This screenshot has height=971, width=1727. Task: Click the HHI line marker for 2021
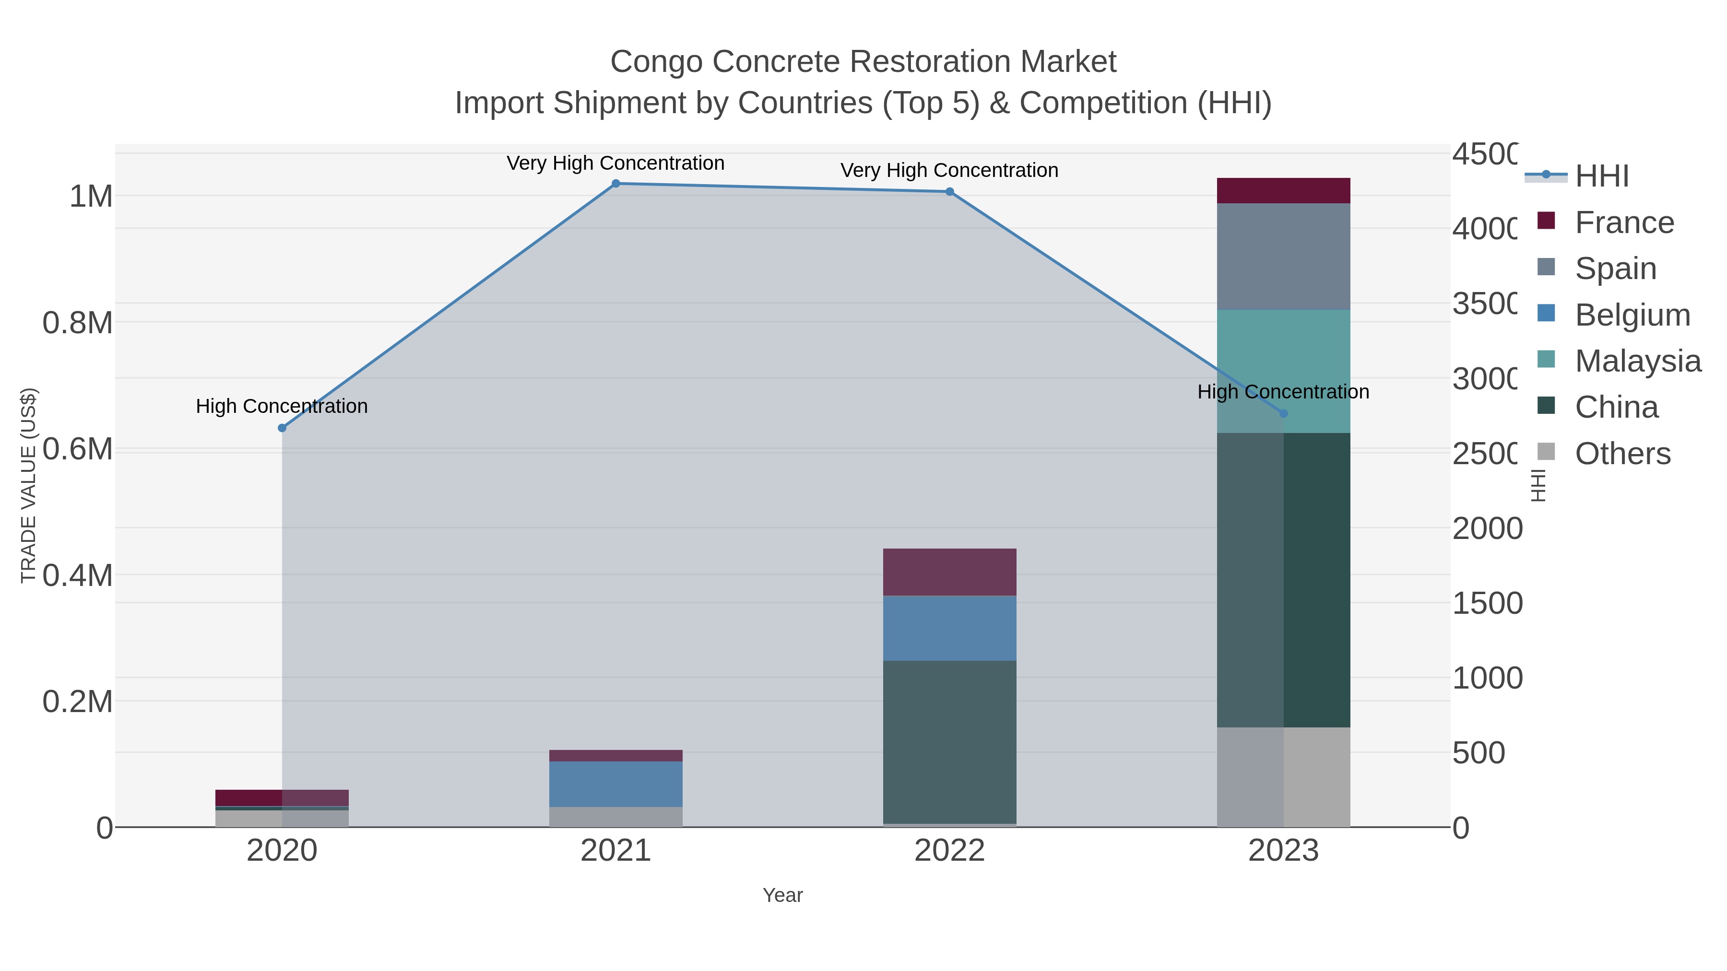(x=615, y=184)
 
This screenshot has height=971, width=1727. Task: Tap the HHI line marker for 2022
(x=949, y=192)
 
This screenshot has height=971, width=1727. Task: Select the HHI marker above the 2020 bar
(x=282, y=428)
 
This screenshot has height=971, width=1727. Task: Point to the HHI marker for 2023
(x=1283, y=413)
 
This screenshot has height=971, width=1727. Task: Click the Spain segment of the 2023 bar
(x=1283, y=256)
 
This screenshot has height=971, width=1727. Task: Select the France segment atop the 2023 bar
(x=1283, y=190)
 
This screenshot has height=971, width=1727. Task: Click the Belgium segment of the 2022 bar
(x=949, y=628)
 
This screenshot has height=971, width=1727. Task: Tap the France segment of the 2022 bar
(x=949, y=572)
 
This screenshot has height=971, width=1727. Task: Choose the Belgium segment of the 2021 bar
(x=615, y=784)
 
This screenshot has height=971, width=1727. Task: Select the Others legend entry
(x=1622, y=454)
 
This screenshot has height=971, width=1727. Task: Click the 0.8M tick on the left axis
(x=78, y=323)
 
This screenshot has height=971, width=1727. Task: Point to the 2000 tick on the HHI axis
(x=1487, y=529)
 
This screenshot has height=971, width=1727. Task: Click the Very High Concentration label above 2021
(x=615, y=164)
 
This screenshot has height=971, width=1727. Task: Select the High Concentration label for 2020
(x=282, y=406)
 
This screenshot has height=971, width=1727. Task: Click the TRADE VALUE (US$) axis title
(x=28, y=485)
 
